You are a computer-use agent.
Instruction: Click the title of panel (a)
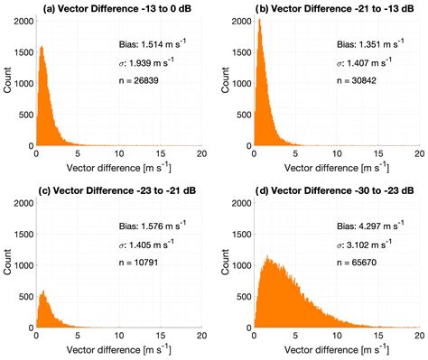tap(112, 8)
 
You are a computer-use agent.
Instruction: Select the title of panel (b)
tap(330, 8)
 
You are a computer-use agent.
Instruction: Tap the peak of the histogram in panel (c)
tap(42, 291)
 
